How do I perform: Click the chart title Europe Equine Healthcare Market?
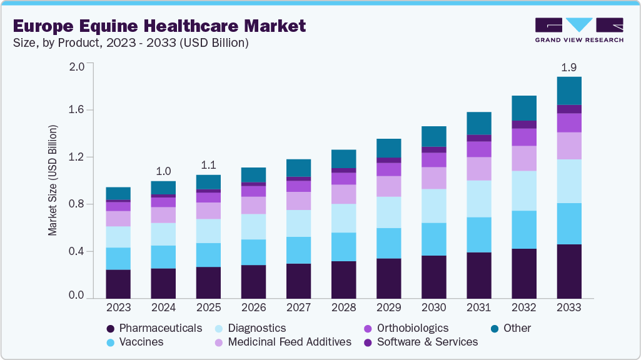click(159, 26)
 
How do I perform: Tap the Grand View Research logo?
click(578, 29)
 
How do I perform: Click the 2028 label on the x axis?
click(343, 307)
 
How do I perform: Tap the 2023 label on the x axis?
click(118, 307)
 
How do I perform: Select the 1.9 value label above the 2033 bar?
click(568, 67)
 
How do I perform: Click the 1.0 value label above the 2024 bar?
click(163, 171)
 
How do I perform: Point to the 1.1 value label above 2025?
click(208, 165)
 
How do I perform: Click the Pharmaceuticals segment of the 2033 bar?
click(569, 271)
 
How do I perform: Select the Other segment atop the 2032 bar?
click(524, 108)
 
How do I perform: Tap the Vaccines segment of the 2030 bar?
click(434, 239)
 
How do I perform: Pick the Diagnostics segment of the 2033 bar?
click(569, 181)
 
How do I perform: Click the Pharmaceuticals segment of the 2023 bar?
click(118, 283)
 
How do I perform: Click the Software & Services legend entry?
click(427, 342)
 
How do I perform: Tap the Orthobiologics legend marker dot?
click(368, 329)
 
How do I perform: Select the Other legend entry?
click(517, 328)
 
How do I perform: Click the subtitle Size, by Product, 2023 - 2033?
click(131, 43)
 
